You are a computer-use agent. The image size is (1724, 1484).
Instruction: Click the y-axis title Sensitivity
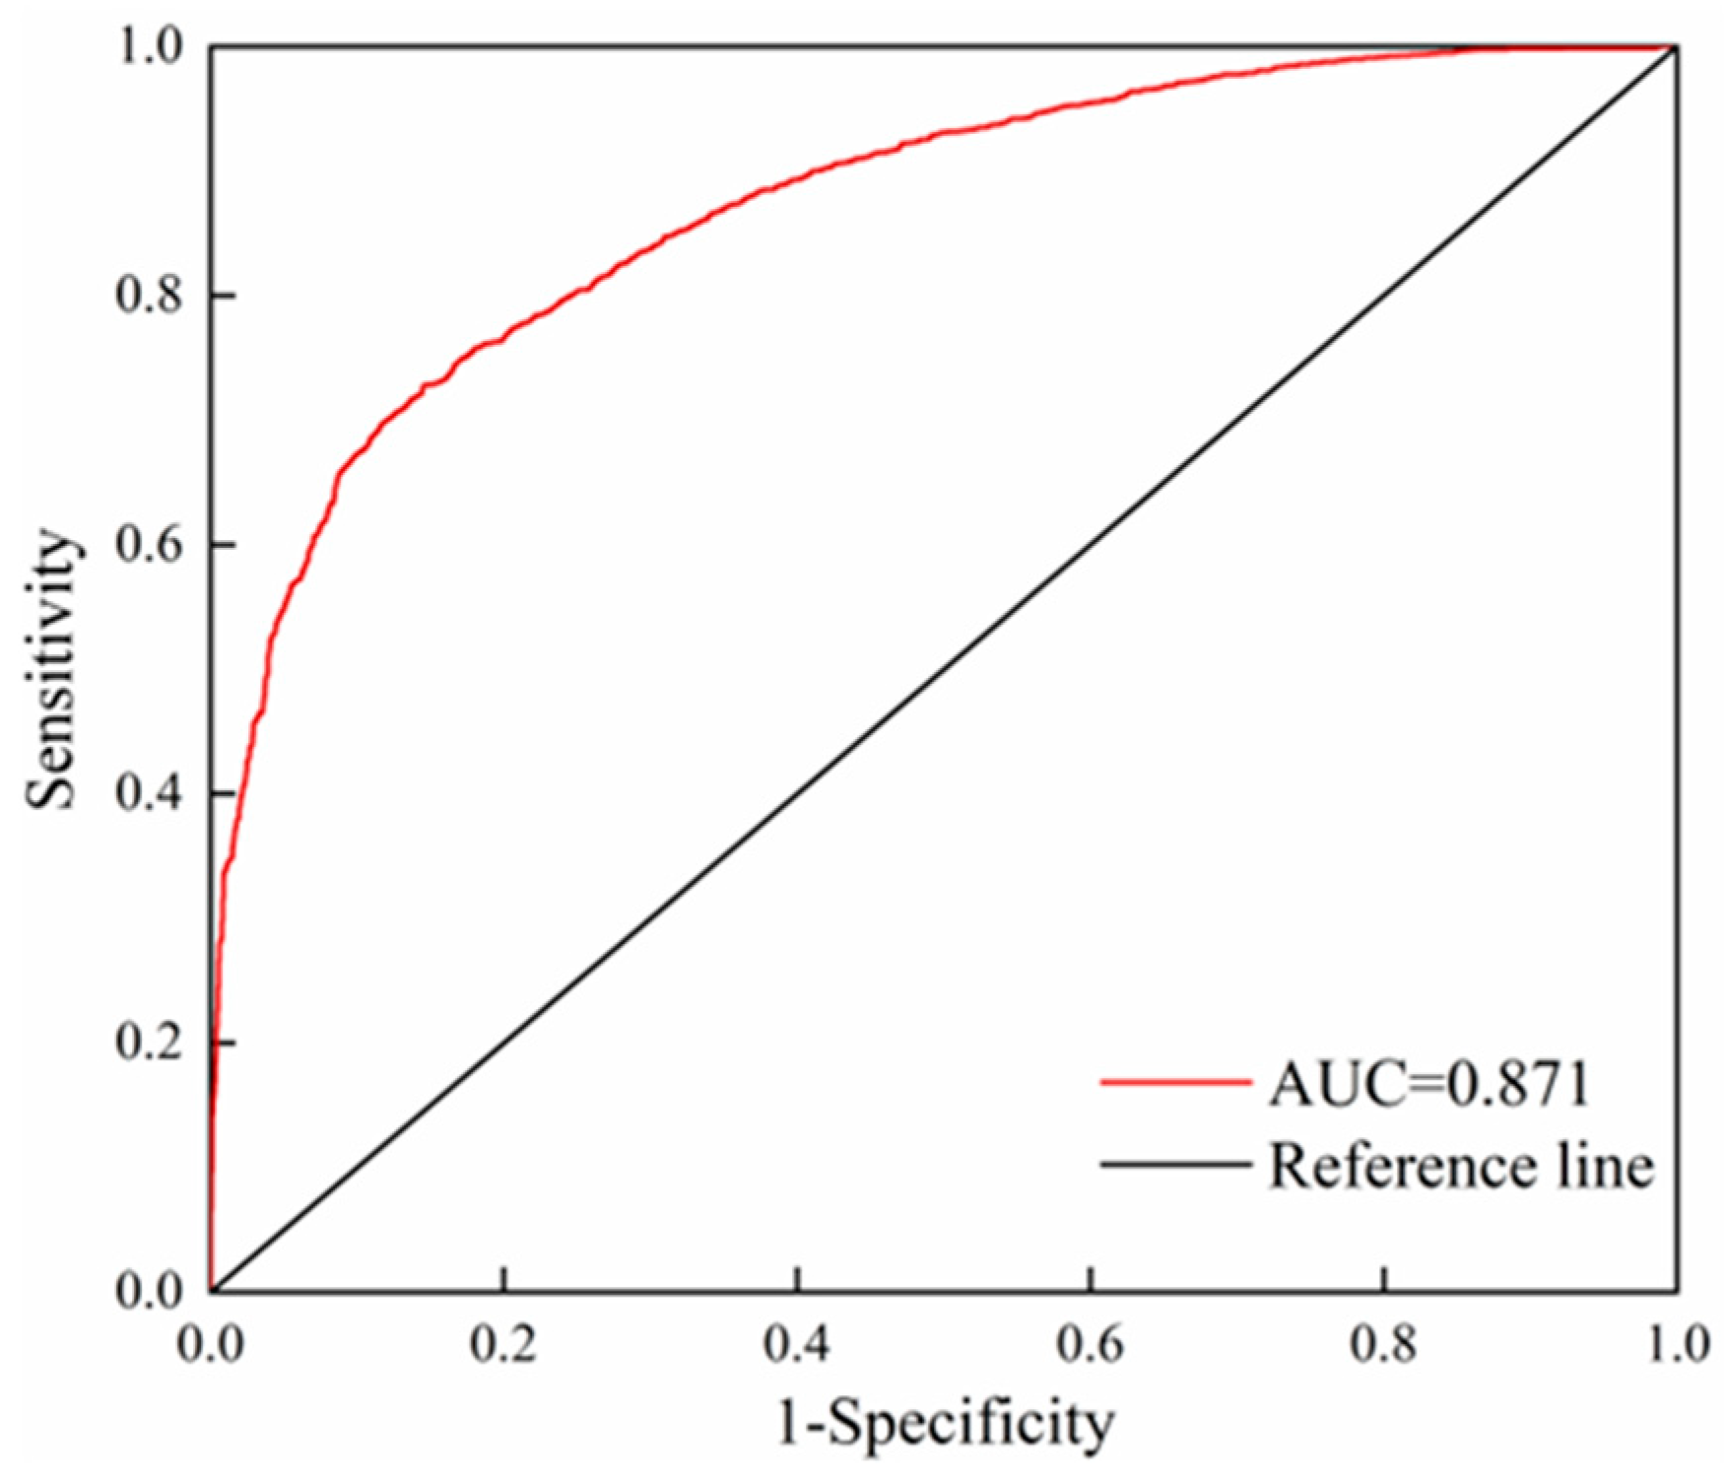tap(51, 670)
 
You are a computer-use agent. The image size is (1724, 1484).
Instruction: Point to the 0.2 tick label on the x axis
tap(502, 1344)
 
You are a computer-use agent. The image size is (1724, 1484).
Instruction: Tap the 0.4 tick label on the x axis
tap(797, 1344)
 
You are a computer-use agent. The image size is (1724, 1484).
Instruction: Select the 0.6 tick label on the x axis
tap(1091, 1344)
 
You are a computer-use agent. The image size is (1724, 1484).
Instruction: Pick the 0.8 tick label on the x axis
tap(1384, 1344)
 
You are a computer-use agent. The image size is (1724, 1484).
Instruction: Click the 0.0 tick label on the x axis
tap(211, 1344)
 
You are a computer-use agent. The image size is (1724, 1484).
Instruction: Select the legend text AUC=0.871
tap(1428, 1085)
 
